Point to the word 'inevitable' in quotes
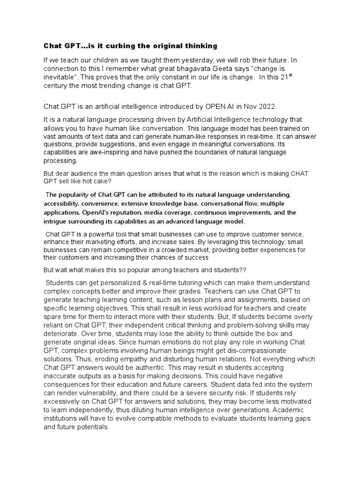coord(60,77)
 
